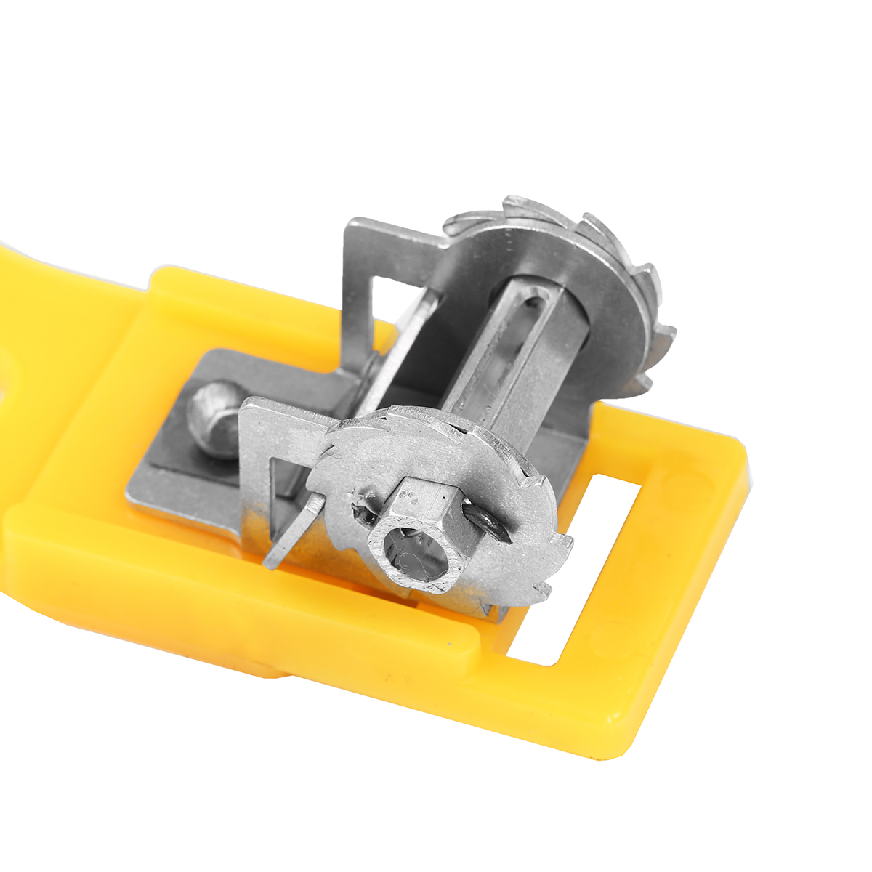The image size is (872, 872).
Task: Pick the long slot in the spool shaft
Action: (x=505, y=342)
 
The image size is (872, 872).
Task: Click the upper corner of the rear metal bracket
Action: (x=352, y=225)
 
